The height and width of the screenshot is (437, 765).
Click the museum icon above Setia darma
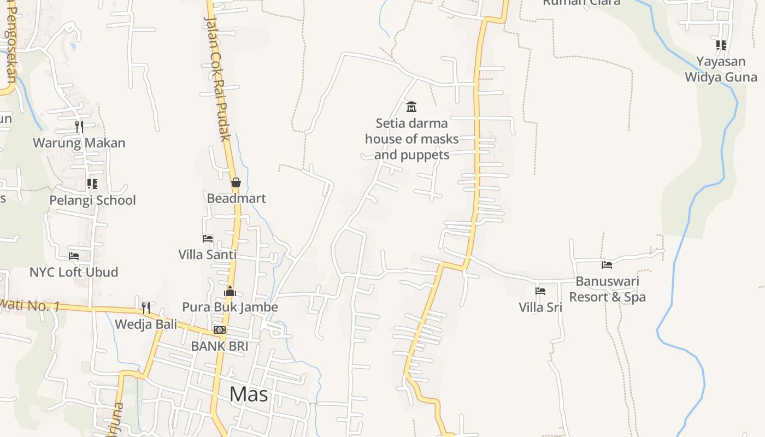[411, 107]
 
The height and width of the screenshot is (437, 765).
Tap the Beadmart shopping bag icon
[236, 182]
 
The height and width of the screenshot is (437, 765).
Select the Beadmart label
[236, 198]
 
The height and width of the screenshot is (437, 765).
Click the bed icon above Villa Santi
[208, 239]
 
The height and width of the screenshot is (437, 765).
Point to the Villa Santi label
[208, 255]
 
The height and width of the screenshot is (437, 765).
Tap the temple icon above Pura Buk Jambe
[230, 291]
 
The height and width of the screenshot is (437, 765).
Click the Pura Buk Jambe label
[230, 307]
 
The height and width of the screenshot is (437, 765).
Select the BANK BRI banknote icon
[220, 330]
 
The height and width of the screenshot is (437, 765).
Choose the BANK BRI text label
[220, 346]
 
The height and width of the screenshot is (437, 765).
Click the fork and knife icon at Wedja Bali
[146, 308]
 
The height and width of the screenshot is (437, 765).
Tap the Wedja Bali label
[146, 324]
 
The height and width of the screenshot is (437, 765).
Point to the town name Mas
[249, 394]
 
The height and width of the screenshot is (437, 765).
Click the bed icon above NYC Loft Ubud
[74, 256]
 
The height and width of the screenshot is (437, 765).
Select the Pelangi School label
[92, 200]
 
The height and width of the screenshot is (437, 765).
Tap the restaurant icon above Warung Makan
[79, 127]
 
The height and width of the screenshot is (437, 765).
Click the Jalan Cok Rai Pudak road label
[217, 78]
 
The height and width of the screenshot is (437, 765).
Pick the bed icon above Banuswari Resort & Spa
[607, 265]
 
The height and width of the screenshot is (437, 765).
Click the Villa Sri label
[540, 307]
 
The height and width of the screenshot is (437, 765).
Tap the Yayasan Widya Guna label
[721, 69]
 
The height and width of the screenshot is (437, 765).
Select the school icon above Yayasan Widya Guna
[721, 45]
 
